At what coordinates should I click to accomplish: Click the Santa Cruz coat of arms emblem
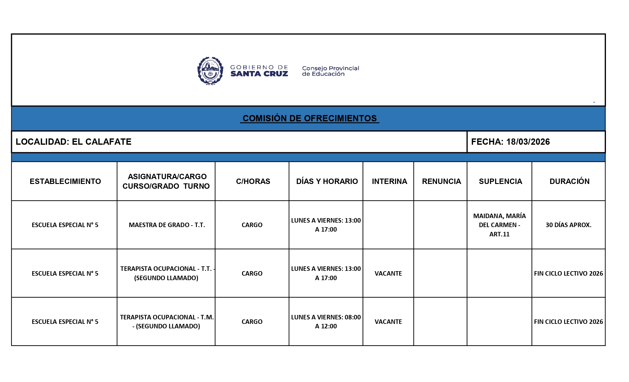[210, 71]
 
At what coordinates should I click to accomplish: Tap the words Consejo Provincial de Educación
[330, 71]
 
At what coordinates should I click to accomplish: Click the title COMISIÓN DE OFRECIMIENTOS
[309, 118]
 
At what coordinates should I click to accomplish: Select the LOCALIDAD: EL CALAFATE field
[74, 142]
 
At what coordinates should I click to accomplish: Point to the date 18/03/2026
[528, 142]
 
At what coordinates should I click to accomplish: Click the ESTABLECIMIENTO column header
[65, 181]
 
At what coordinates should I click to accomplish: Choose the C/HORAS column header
[253, 181]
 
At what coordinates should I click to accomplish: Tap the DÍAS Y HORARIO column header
[327, 181]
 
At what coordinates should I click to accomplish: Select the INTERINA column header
[389, 181]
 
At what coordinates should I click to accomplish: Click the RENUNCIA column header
[441, 181]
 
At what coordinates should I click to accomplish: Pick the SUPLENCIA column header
[500, 181]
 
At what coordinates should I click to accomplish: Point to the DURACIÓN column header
[569, 181]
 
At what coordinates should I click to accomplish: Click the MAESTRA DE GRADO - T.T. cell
[167, 225]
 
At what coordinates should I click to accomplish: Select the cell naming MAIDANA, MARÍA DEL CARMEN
[499, 225]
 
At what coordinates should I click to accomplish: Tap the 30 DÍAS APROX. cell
[568, 225]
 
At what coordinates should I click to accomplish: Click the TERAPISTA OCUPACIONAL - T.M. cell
[167, 321]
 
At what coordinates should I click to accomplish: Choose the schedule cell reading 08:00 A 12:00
[326, 321]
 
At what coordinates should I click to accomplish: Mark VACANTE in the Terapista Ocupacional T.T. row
[388, 273]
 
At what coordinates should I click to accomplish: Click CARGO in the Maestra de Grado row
[252, 225]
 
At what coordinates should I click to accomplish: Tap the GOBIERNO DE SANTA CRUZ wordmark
[259, 71]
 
